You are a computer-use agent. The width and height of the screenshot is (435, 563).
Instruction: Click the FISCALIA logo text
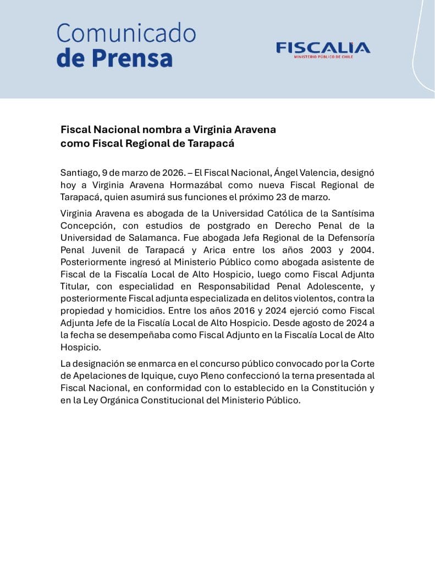pyautogui.click(x=323, y=48)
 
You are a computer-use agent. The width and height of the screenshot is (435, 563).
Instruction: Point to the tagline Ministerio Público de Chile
pyautogui.click(x=323, y=57)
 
